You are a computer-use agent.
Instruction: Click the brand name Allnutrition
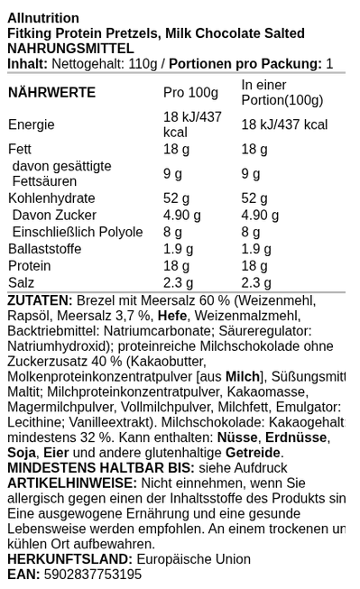click(43, 18)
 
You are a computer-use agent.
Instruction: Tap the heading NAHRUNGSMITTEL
click(70, 49)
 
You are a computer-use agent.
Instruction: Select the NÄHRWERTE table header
click(51, 93)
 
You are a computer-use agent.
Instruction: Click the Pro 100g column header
click(190, 93)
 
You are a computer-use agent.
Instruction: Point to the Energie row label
click(32, 124)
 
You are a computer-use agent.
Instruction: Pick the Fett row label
click(20, 149)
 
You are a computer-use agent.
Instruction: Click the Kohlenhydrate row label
click(51, 198)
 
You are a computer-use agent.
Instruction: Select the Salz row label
click(21, 282)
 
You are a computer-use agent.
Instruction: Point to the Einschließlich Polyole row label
click(78, 232)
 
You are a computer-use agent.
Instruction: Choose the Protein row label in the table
click(30, 266)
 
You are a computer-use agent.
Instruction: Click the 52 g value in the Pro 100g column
click(176, 198)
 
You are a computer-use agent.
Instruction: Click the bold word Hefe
click(172, 316)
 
